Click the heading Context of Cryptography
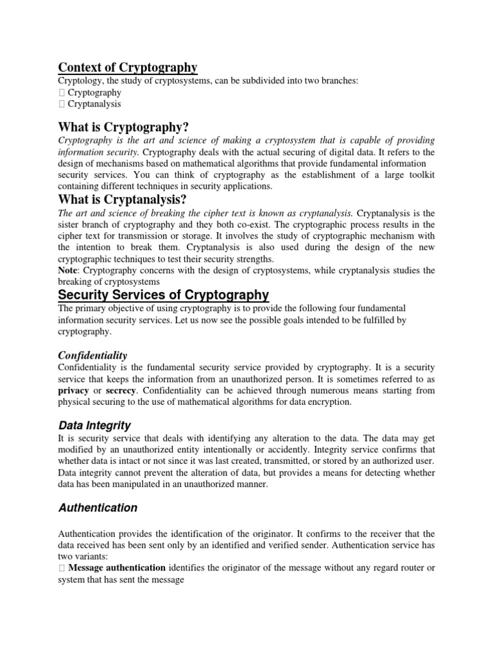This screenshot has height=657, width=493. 128,67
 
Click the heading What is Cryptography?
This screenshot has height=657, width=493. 124,126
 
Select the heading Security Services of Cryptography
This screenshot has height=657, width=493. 164,295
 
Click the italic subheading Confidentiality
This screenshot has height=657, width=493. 92,355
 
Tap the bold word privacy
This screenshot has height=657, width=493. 74,390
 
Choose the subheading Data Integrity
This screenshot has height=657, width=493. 94,425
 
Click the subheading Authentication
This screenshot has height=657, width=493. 98,508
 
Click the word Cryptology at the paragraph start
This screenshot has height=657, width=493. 80,81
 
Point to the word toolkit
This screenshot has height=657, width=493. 419,175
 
